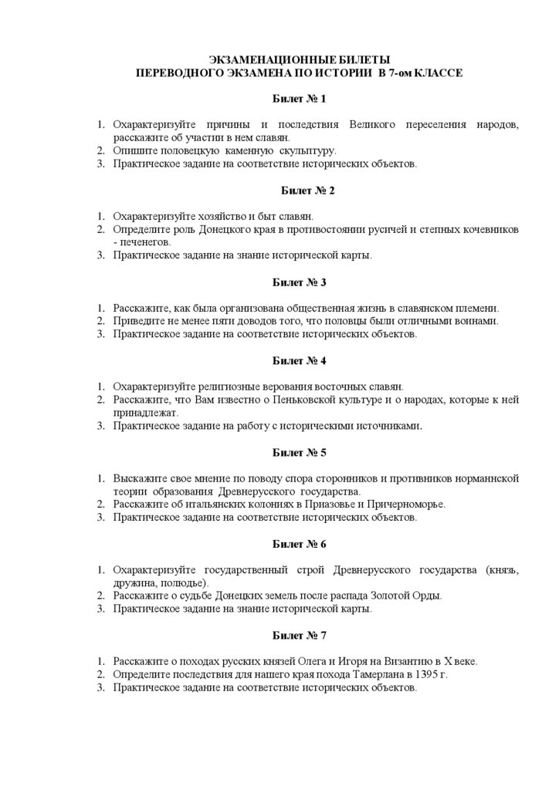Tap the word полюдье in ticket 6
click(x=181, y=582)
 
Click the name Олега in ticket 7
click(x=296, y=661)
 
